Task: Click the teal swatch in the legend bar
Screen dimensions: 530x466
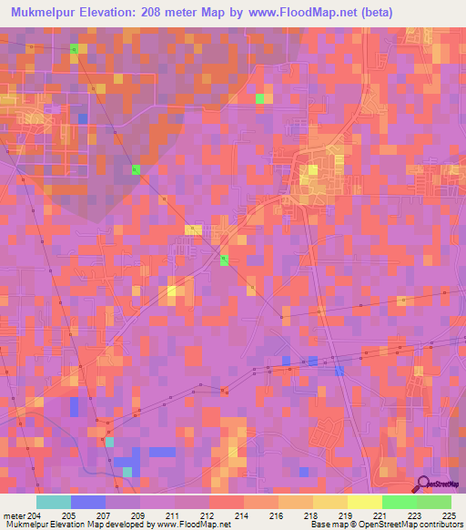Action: tap(53, 502)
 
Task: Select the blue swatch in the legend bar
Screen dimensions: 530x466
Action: tap(88, 502)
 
